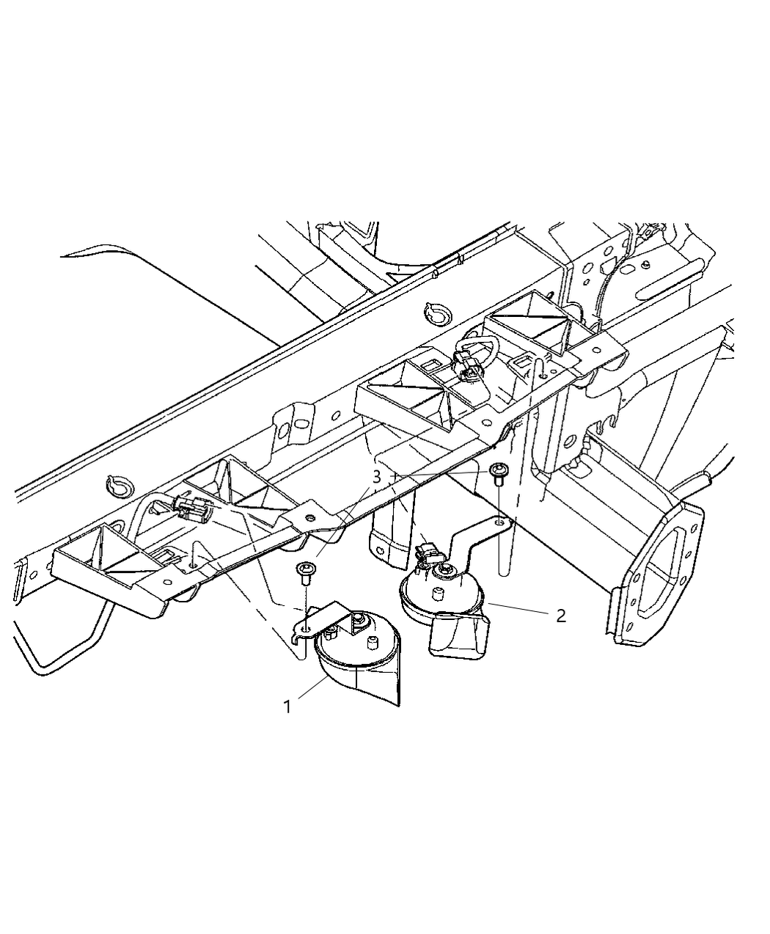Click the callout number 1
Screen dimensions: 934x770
point(287,707)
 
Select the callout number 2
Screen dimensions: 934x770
point(560,616)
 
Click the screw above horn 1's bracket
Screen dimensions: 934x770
point(304,572)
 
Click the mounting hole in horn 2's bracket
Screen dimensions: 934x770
point(499,522)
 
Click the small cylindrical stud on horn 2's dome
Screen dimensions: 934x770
point(438,594)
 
